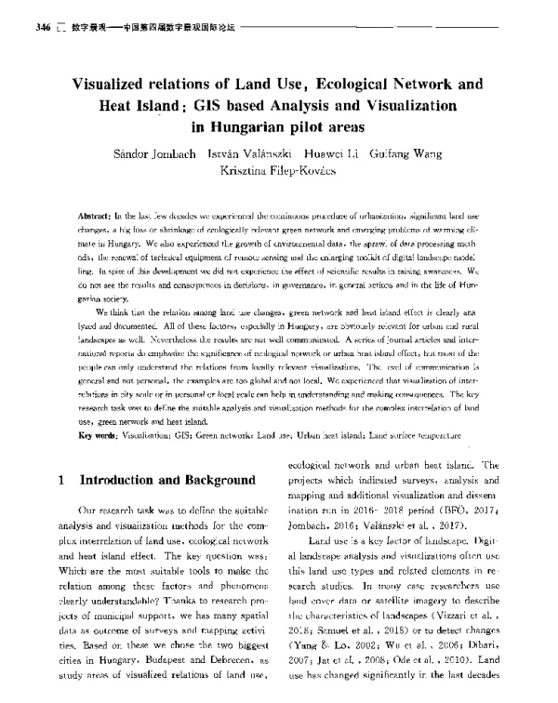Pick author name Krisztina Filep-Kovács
[278, 172]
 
